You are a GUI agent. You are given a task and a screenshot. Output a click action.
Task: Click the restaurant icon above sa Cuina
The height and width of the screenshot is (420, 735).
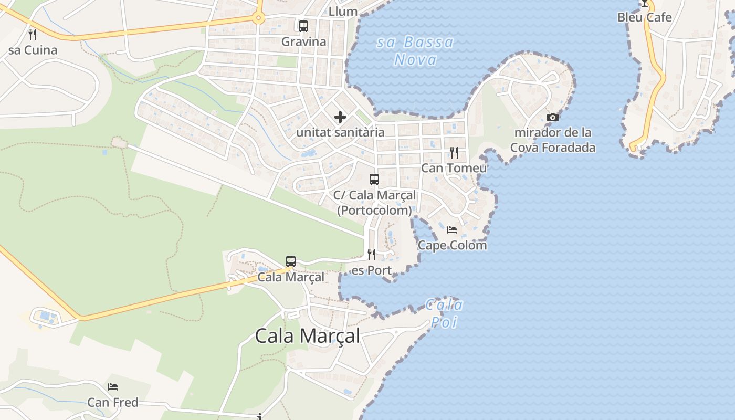pos(33,35)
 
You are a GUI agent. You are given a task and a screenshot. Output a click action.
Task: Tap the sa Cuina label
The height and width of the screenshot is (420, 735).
pos(33,50)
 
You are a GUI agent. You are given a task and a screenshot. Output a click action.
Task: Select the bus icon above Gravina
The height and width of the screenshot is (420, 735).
pos(303,26)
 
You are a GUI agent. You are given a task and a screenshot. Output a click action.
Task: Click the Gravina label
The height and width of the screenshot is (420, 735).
pos(303,41)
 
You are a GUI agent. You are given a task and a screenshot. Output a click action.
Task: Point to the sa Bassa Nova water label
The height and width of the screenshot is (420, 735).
pos(415,51)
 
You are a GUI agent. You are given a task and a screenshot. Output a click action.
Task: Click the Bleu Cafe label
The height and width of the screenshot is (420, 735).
pos(644,17)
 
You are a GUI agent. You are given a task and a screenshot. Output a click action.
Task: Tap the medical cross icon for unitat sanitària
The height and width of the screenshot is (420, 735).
pos(340,117)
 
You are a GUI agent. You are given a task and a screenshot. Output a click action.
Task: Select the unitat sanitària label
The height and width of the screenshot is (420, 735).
pos(340,132)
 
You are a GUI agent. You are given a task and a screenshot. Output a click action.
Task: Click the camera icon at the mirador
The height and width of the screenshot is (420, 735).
pos(553,117)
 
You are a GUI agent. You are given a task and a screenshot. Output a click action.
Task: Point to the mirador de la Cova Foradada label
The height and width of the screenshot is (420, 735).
pos(553,140)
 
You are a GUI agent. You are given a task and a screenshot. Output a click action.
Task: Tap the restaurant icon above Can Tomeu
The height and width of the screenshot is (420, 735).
pos(454,153)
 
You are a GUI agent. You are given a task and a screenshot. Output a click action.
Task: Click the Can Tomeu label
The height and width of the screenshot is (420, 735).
pos(454,168)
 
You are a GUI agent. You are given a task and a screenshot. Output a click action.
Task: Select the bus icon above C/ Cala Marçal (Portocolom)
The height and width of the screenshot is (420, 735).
pos(374,180)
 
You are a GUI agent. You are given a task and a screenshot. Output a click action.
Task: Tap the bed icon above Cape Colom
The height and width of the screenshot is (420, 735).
pos(452,230)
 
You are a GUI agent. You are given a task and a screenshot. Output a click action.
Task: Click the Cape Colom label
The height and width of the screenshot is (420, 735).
pos(452,245)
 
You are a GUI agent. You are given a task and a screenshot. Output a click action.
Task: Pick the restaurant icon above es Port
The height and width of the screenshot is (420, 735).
pos(372,255)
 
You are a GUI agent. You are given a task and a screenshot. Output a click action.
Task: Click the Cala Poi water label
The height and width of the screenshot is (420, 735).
pos(444,313)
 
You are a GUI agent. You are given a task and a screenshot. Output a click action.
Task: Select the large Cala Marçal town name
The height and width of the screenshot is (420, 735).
pos(308,336)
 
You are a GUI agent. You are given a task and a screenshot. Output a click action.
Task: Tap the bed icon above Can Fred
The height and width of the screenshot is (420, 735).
pos(113,387)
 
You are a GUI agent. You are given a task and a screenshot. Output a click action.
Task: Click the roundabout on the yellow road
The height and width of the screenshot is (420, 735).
pos(258,18)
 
